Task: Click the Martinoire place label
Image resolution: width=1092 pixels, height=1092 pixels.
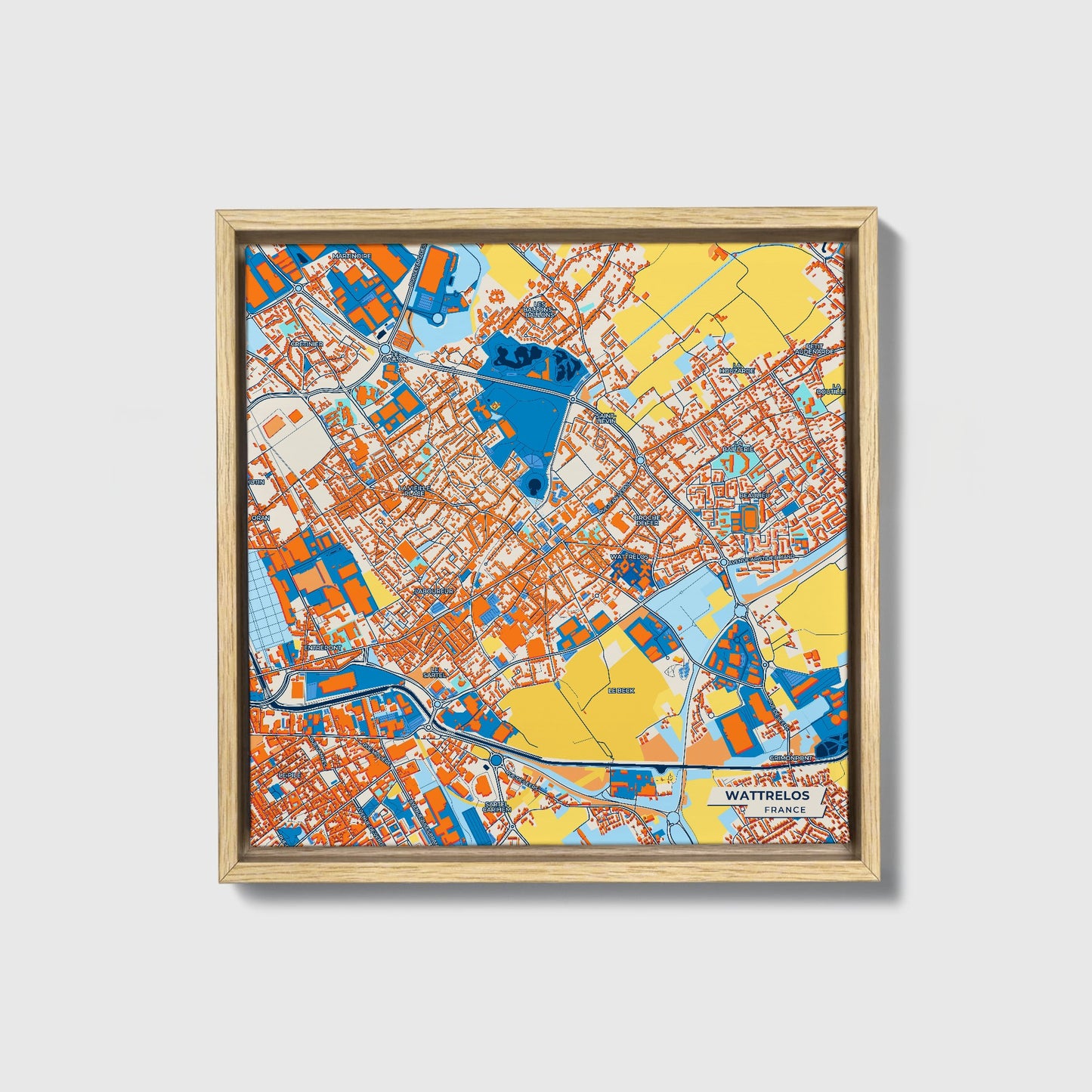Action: click(x=353, y=256)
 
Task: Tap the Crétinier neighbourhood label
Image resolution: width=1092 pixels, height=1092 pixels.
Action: click(x=307, y=344)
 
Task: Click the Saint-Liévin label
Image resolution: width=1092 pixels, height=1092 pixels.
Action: click(x=606, y=418)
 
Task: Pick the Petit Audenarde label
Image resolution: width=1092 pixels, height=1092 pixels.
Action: click(x=815, y=349)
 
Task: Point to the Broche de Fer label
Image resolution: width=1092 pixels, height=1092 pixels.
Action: click(x=648, y=520)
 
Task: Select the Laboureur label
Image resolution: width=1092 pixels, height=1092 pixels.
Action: click(x=434, y=590)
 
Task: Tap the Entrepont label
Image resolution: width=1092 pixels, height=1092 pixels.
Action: click(x=323, y=648)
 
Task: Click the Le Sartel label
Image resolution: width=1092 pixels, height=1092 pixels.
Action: click(x=434, y=672)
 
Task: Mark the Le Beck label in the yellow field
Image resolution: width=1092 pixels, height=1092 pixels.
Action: click(x=622, y=691)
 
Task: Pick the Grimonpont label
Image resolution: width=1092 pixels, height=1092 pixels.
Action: click(x=791, y=757)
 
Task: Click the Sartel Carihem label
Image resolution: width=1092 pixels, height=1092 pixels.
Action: click(x=497, y=806)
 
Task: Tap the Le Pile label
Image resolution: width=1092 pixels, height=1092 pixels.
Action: click(x=289, y=776)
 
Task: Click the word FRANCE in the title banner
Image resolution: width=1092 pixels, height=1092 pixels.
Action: click(x=784, y=809)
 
